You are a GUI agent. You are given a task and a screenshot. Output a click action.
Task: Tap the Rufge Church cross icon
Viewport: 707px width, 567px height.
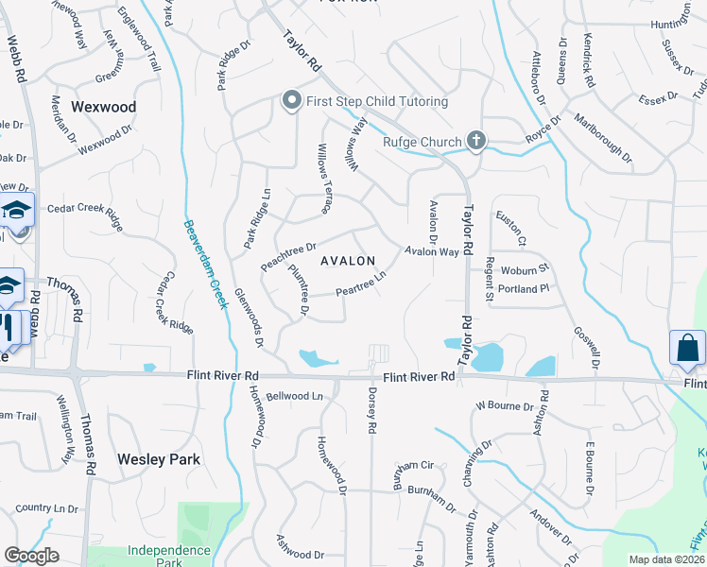click(x=476, y=142)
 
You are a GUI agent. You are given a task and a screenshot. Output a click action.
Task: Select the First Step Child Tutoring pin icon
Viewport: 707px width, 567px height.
click(x=292, y=100)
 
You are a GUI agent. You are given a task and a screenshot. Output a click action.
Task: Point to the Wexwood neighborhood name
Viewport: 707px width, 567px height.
click(x=104, y=108)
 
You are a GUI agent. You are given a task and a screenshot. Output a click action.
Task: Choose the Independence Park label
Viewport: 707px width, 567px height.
click(x=168, y=551)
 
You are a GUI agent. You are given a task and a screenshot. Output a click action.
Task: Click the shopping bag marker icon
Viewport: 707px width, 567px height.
click(x=687, y=348)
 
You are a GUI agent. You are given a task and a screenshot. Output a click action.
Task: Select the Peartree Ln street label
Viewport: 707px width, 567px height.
click(x=361, y=283)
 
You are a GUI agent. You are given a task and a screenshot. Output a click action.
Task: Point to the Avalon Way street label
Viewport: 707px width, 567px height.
click(x=432, y=252)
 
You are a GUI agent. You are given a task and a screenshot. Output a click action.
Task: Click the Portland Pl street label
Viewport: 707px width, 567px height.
click(x=525, y=289)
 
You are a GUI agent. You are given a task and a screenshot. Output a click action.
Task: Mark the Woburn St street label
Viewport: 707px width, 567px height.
click(x=525, y=270)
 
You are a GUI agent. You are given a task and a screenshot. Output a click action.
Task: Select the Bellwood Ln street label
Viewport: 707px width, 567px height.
click(x=294, y=396)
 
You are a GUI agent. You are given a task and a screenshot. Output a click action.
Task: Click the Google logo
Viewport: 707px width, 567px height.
click(x=31, y=556)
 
